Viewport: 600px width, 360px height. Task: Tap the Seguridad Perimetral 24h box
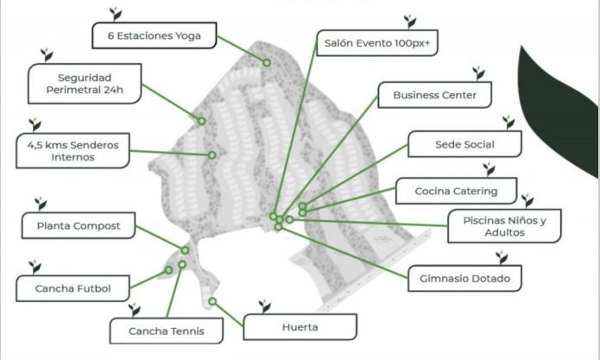84,86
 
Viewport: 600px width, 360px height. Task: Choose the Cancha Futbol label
73,287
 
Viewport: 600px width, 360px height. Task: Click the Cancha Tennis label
164,331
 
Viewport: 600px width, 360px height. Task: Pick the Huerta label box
300,327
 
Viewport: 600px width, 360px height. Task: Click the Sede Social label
464,144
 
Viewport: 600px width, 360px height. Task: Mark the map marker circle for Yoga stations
266,62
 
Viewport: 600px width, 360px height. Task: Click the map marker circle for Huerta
212,301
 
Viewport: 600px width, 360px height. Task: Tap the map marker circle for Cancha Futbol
169,270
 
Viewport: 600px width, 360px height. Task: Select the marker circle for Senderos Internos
212,155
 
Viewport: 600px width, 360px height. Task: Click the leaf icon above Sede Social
508,123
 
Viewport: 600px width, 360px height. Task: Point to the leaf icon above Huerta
265,306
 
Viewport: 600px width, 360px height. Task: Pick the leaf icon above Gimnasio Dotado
502,257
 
